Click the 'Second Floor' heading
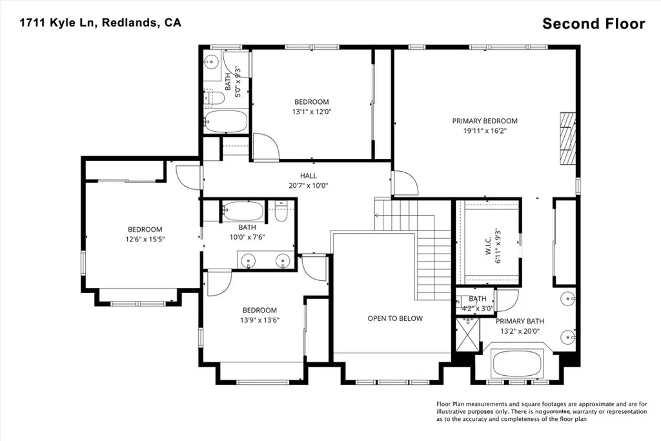(593, 24)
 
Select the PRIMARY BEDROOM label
(484, 121)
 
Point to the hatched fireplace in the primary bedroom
(567, 139)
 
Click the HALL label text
(308, 176)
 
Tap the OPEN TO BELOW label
(395, 318)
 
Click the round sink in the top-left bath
(211, 63)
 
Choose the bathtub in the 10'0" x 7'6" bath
(243, 211)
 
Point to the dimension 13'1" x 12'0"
(312, 112)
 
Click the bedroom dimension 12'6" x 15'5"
(145, 240)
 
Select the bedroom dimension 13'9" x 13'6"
(260, 320)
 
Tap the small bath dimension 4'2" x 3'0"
(478, 308)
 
